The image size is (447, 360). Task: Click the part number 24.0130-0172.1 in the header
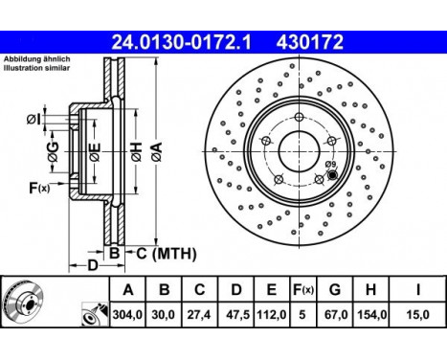181,42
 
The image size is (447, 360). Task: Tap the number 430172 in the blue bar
310,42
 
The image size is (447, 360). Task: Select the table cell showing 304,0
127,315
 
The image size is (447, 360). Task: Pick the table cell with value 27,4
199,315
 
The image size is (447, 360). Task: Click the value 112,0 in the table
271,315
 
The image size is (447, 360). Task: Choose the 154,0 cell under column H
370,315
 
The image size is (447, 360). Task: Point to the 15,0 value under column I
417,315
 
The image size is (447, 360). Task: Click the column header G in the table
335,290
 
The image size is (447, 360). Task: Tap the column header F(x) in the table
303,290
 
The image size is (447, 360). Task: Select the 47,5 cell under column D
236,315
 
